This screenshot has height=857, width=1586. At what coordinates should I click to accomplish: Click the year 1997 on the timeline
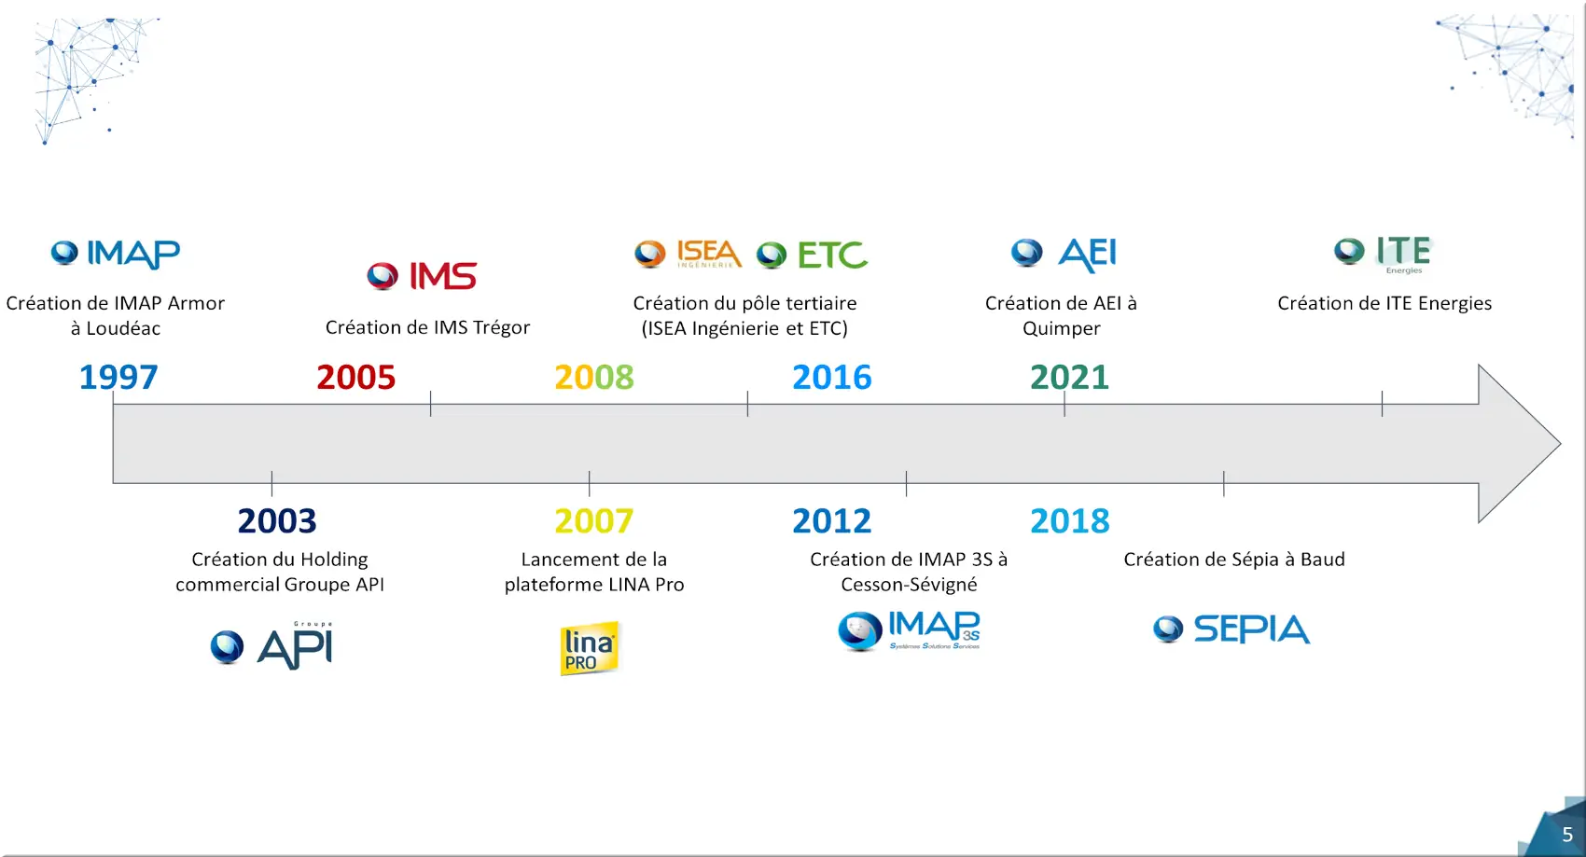click(118, 377)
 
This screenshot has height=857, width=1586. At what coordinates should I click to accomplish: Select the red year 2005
click(356, 377)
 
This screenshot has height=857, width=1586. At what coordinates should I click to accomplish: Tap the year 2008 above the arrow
click(594, 377)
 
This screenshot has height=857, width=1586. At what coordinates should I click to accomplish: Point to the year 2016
click(832, 377)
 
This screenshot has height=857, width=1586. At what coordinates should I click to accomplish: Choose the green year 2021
click(1069, 377)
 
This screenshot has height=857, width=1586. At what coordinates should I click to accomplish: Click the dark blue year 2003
click(277, 521)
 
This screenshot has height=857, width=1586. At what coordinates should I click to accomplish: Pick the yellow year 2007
click(594, 521)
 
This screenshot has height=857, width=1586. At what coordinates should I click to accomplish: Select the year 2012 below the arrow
click(832, 521)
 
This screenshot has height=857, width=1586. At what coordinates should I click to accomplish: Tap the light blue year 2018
click(1070, 521)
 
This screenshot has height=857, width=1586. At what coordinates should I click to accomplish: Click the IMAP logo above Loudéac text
click(116, 254)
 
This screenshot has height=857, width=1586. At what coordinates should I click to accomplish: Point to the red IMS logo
click(422, 276)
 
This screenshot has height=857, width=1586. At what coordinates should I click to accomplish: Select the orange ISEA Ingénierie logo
click(688, 254)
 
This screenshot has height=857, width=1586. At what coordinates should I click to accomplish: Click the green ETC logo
click(812, 255)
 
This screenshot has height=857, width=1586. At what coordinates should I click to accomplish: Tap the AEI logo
click(1064, 255)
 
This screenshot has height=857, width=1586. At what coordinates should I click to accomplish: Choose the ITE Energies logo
click(1384, 255)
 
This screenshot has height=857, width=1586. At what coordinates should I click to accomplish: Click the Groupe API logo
click(271, 644)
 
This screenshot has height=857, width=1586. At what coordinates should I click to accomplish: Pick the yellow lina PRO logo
click(590, 648)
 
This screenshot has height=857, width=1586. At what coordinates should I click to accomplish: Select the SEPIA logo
click(1231, 629)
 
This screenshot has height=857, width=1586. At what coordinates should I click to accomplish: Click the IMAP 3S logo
click(909, 630)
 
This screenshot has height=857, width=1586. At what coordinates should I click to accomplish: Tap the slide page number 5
click(1567, 835)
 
